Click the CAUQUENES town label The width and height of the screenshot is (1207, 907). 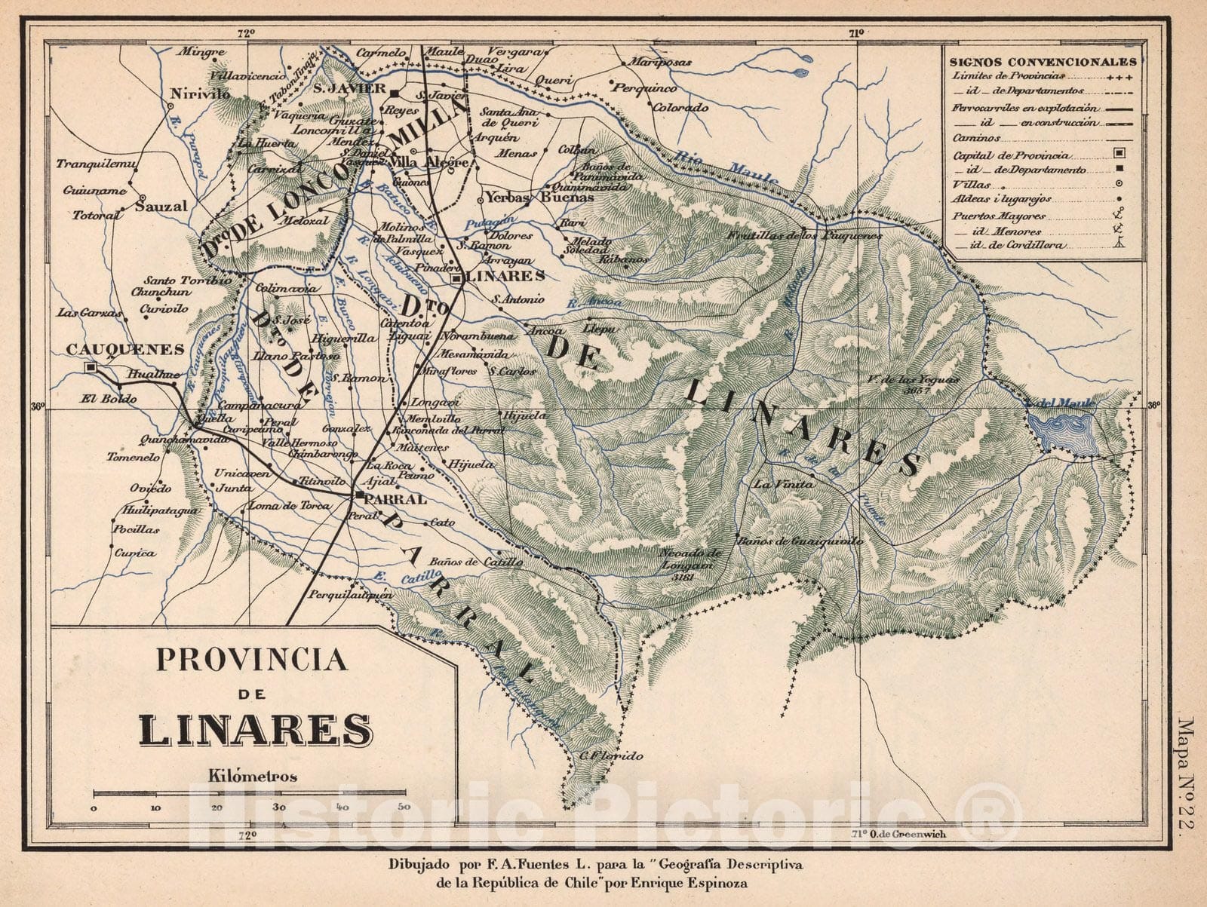[x=125, y=349]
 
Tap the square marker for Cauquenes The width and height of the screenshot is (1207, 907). [x=91, y=367]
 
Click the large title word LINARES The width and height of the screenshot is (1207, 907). [x=255, y=730]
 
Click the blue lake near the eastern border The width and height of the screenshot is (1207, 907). [x=1062, y=431]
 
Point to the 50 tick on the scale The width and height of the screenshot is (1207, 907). [x=403, y=807]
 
